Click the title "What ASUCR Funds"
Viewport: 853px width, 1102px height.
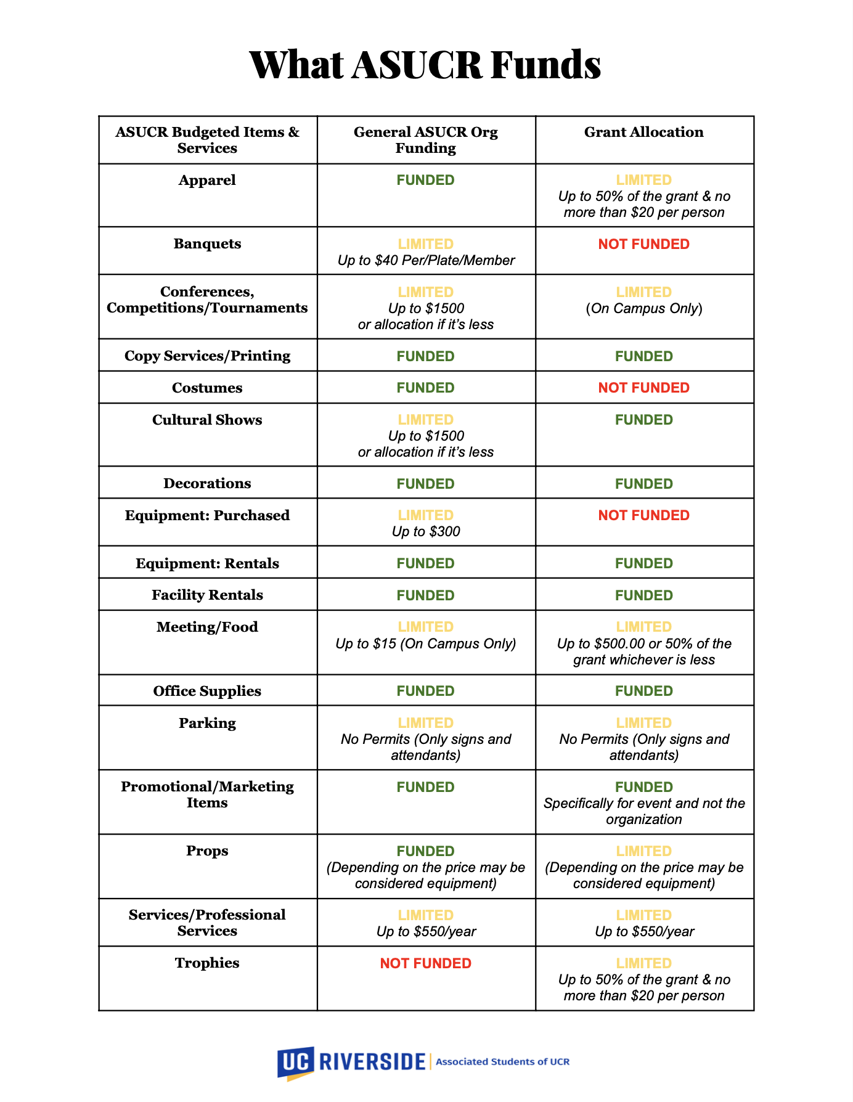pyautogui.click(x=425, y=65)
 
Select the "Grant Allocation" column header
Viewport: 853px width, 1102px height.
pyautogui.click(x=643, y=132)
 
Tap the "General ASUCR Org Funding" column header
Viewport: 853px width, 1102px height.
pyautogui.click(x=425, y=140)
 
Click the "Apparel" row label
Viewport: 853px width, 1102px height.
pyautogui.click(x=207, y=180)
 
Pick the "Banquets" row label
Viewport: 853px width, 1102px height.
pyautogui.click(x=207, y=243)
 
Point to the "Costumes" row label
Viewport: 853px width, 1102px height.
pyautogui.click(x=207, y=388)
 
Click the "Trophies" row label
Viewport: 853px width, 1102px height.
pyautogui.click(x=207, y=963)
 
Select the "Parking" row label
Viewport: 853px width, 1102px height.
pyautogui.click(x=207, y=723)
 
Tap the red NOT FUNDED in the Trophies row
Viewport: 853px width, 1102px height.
pyautogui.click(x=425, y=963)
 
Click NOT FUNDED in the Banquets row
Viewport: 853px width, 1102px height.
pyautogui.click(x=643, y=244)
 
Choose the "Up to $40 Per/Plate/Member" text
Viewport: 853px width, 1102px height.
pyautogui.click(x=426, y=260)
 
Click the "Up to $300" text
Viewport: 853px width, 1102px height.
pyautogui.click(x=426, y=531)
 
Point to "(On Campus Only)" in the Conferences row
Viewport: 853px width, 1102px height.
pyautogui.click(x=643, y=308)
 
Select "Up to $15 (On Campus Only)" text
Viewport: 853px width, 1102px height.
pyautogui.click(x=426, y=643)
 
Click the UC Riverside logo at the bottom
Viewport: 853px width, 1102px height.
pyautogui.click(x=351, y=1061)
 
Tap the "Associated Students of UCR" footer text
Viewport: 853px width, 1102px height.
pyautogui.click(x=502, y=1061)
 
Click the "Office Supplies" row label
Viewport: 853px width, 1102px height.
pyautogui.click(x=207, y=691)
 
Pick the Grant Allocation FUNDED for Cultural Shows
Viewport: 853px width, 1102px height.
pyautogui.click(x=643, y=420)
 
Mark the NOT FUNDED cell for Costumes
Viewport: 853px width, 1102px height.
pyautogui.click(x=643, y=388)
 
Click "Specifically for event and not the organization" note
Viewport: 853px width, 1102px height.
pyautogui.click(x=643, y=811)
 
